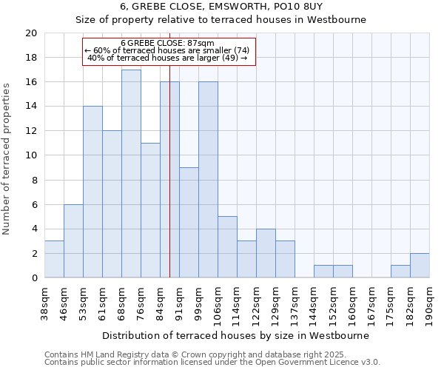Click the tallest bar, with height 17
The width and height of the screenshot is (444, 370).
(x=131, y=174)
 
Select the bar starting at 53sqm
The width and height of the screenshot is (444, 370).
(x=92, y=192)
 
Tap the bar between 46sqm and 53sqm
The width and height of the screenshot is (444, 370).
(x=73, y=241)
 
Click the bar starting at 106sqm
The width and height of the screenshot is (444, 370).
(x=227, y=247)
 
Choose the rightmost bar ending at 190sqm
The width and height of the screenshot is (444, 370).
(x=420, y=266)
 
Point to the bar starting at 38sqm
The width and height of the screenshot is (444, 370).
(x=54, y=260)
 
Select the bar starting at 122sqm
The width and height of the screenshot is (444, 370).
(x=266, y=254)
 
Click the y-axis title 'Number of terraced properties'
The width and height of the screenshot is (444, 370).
(x=7, y=159)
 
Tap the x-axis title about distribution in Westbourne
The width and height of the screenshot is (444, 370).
(x=235, y=335)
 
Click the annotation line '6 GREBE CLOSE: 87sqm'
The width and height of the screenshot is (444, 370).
(x=167, y=44)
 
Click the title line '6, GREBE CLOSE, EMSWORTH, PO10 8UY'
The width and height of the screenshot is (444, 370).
(x=222, y=7)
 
